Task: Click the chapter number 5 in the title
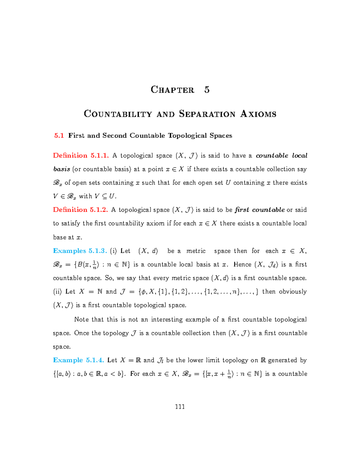207,90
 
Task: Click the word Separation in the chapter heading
207,114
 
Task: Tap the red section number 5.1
59,136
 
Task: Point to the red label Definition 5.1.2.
80,210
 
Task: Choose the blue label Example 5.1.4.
78,360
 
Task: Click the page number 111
180,407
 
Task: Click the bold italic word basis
61,169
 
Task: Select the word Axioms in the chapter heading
258,114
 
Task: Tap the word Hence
242,265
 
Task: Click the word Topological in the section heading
187,136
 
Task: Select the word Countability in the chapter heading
118,114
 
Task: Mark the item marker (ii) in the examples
57,292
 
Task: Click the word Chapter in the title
172,90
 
